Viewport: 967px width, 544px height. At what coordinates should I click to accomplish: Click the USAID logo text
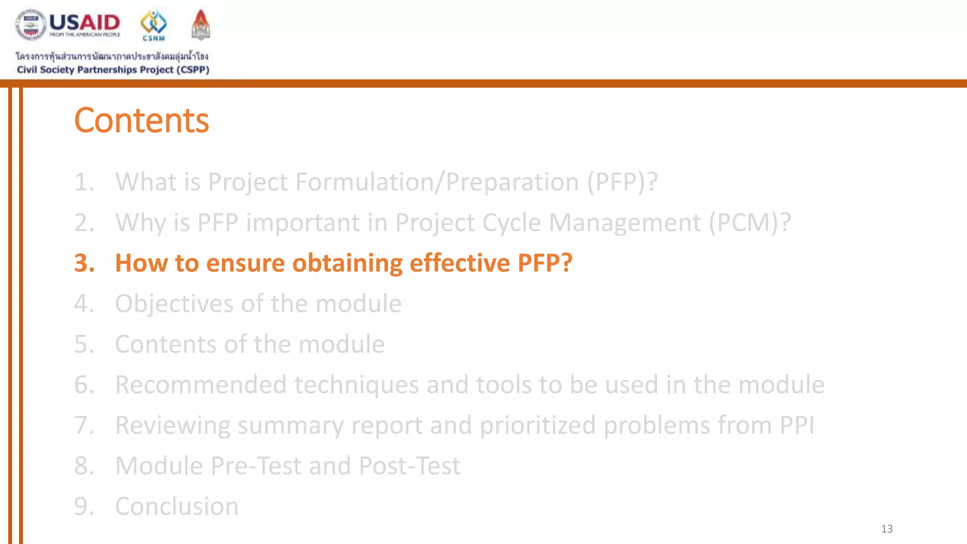85,23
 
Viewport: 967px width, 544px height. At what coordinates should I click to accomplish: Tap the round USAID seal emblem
31,25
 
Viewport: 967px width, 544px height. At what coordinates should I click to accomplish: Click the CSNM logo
153,25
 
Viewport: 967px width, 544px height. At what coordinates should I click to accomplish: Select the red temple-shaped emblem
201,25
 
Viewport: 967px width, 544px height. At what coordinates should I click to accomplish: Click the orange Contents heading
141,120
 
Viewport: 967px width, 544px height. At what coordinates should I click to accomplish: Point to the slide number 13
887,529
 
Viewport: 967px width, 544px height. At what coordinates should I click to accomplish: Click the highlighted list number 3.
84,263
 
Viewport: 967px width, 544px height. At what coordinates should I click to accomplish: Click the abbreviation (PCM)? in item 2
749,222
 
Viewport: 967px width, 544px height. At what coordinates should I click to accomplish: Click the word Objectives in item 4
174,304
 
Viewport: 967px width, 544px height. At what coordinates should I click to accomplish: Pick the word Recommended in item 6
201,385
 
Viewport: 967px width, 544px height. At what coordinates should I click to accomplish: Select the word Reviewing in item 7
172,425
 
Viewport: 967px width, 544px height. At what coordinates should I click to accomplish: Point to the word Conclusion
177,507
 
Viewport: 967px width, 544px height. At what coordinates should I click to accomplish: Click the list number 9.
84,507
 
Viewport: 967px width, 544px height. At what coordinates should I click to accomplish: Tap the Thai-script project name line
112,56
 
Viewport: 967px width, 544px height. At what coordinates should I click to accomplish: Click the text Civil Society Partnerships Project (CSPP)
113,70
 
